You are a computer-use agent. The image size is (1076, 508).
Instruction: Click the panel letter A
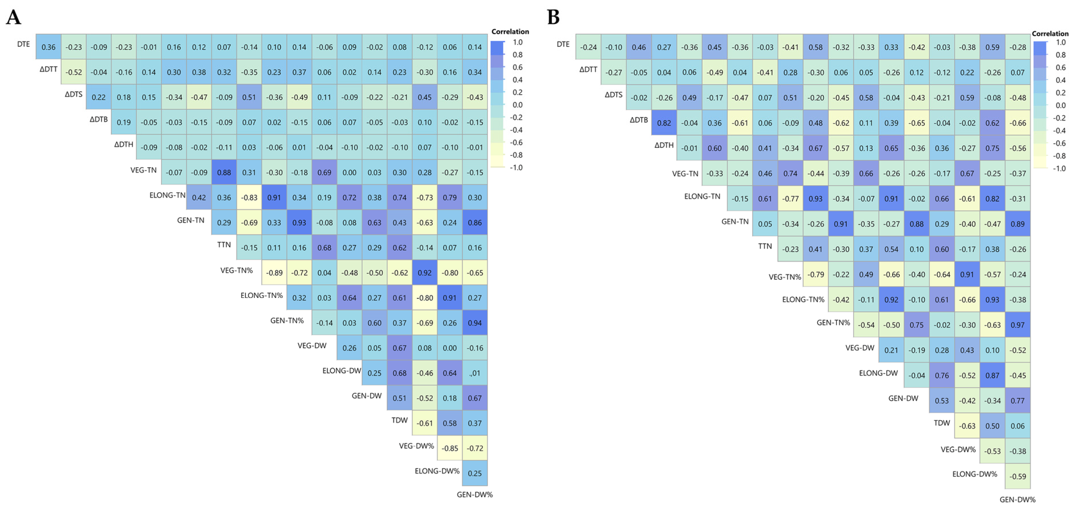13,17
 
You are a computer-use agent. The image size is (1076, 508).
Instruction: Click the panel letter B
553,17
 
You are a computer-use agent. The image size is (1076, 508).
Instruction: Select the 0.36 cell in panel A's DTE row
49,47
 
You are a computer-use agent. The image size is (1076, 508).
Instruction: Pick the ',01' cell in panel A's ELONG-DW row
475,373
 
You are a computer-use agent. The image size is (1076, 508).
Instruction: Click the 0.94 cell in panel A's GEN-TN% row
475,323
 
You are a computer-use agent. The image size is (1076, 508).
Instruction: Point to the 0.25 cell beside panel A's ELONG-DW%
475,473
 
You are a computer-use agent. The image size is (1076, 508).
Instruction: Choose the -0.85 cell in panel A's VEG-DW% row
450,448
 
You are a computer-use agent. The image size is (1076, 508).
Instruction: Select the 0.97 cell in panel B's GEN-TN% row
1017,325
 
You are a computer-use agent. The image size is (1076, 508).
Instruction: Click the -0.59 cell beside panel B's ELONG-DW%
1017,476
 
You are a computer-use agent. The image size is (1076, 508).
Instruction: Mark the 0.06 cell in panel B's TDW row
1017,426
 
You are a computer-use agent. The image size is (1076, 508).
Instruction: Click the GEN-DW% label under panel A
475,495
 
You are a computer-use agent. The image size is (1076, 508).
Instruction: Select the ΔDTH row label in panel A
124,144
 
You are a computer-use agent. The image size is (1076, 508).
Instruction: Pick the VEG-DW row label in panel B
860,348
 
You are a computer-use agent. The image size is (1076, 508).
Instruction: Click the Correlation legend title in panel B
1050,33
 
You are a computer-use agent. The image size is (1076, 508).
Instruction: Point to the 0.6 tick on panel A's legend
517,67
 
